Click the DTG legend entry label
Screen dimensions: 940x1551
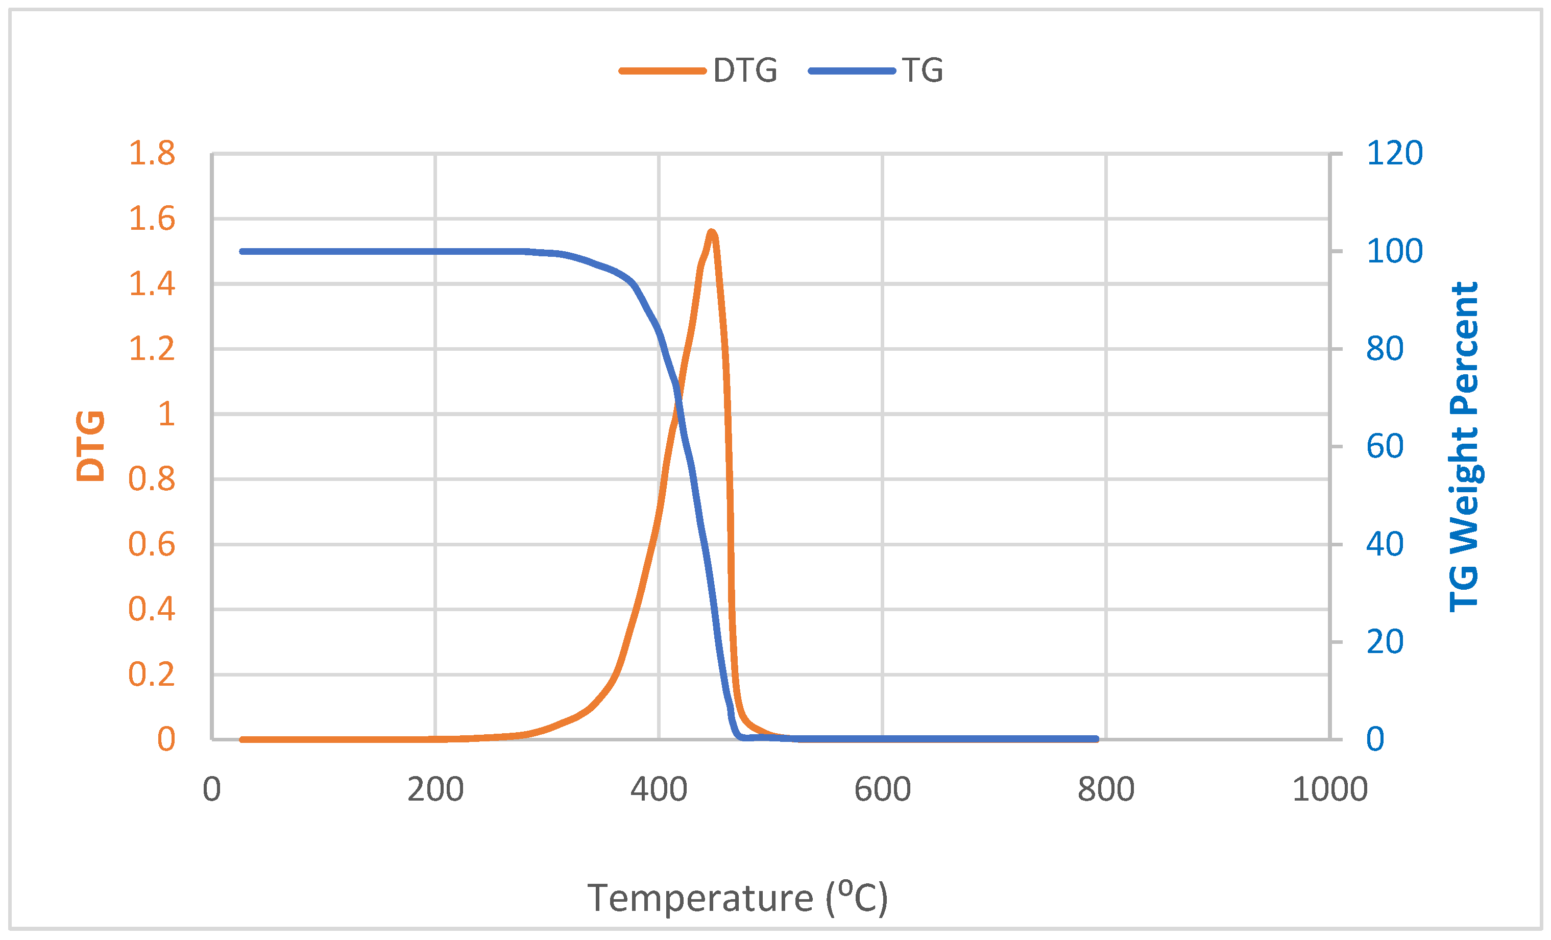[745, 70]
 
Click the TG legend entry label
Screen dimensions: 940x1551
[922, 70]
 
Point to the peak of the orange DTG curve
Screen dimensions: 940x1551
[711, 232]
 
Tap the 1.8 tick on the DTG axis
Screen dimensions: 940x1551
[152, 153]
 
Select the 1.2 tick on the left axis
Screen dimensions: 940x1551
[152, 349]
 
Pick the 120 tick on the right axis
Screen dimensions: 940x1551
[1394, 153]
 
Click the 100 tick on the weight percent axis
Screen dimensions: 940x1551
[1394, 251]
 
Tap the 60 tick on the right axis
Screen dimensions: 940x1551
[1385, 446]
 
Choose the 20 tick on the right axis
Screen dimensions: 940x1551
[1385, 642]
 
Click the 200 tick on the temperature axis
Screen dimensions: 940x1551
[435, 789]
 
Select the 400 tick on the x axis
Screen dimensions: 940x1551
[659, 789]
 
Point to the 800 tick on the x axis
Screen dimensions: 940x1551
[1106, 789]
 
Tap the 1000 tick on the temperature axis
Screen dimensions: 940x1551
[1329, 789]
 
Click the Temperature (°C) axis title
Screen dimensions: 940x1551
[737, 897]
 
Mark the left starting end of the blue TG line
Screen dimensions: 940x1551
[243, 252]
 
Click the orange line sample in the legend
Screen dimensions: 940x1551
[662, 70]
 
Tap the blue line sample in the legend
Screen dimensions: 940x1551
[852, 70]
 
